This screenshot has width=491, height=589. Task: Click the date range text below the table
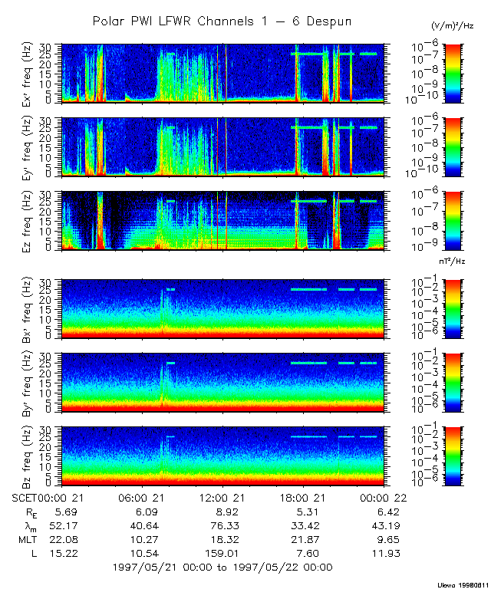tap(222, 568)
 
